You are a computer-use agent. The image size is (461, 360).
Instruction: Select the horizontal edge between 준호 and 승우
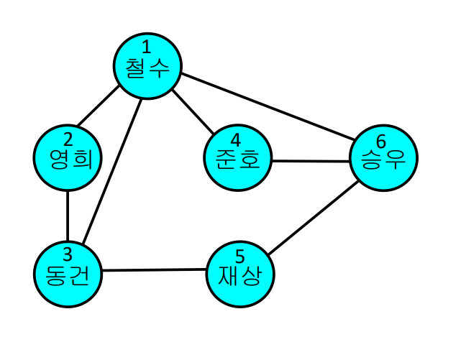(311, 161)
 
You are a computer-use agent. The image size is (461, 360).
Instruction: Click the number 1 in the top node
(146, 49)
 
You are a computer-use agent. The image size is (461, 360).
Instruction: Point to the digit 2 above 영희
(67, 139)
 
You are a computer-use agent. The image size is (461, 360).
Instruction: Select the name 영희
(67, 159)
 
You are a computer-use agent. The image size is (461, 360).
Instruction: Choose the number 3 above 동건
(68, 254)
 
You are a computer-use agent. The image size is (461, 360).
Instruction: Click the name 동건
(68, 275)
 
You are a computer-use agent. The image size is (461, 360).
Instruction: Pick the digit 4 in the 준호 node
(237, 137)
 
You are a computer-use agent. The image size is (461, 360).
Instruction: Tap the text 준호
(237, 158)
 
